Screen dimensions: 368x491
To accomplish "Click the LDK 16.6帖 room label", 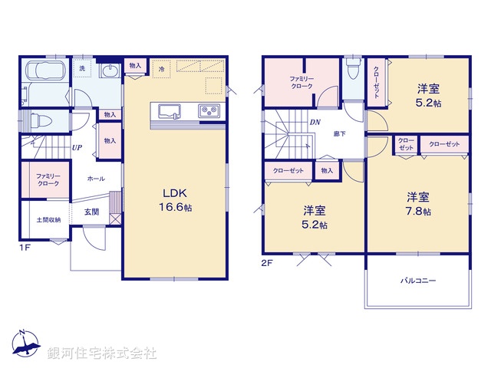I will pos(174,199).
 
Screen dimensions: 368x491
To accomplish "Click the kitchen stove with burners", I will pos(209,110).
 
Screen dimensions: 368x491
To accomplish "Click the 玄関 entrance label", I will pos(91,212).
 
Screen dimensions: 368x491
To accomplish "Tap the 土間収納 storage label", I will pos(48,219).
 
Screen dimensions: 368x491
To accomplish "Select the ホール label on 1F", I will pos(96,178).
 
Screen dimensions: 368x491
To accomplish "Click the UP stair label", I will pos(77,148).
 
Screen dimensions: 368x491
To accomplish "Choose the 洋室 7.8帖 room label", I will pos(418,203).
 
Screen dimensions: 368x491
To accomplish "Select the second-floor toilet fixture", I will pos(352,72).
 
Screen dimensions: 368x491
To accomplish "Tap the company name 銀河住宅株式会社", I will pos(102,353).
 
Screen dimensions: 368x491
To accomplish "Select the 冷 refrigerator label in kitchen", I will pos(161,69).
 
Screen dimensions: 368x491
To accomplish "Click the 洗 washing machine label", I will pos(84,69).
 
